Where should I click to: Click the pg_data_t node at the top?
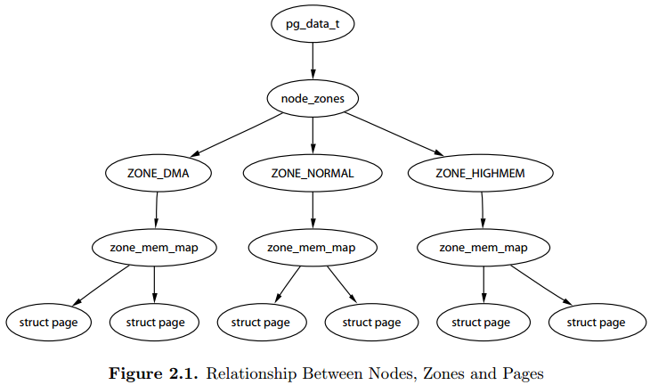tap(313, 24)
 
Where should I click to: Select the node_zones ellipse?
tap(313, 98)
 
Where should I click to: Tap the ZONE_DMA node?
tap(158, 173)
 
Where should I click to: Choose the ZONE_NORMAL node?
tap(313, 173)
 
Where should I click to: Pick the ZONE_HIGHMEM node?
tap(481, 173)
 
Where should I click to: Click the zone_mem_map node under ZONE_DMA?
tap(154, 248)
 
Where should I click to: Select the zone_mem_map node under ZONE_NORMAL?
tap(313, 248)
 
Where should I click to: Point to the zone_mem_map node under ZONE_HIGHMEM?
tap(483, 248)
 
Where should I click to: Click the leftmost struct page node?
tap(48, 323)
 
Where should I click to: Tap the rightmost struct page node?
tap(597, 323)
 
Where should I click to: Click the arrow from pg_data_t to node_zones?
tap(313, 61)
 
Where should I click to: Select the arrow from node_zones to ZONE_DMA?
tap(236, 135)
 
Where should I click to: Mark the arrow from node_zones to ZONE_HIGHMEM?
tap(394, 134)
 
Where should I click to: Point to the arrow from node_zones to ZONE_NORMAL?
tap(313, 135)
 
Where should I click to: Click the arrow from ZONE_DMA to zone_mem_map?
tap(157, 210)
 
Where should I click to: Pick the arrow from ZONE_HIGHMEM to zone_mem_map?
tap(482, 210)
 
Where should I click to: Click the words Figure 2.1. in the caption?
tap(153, 373)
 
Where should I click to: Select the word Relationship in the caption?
tap(252, 373)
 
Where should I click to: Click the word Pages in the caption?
tap(524, 374)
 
